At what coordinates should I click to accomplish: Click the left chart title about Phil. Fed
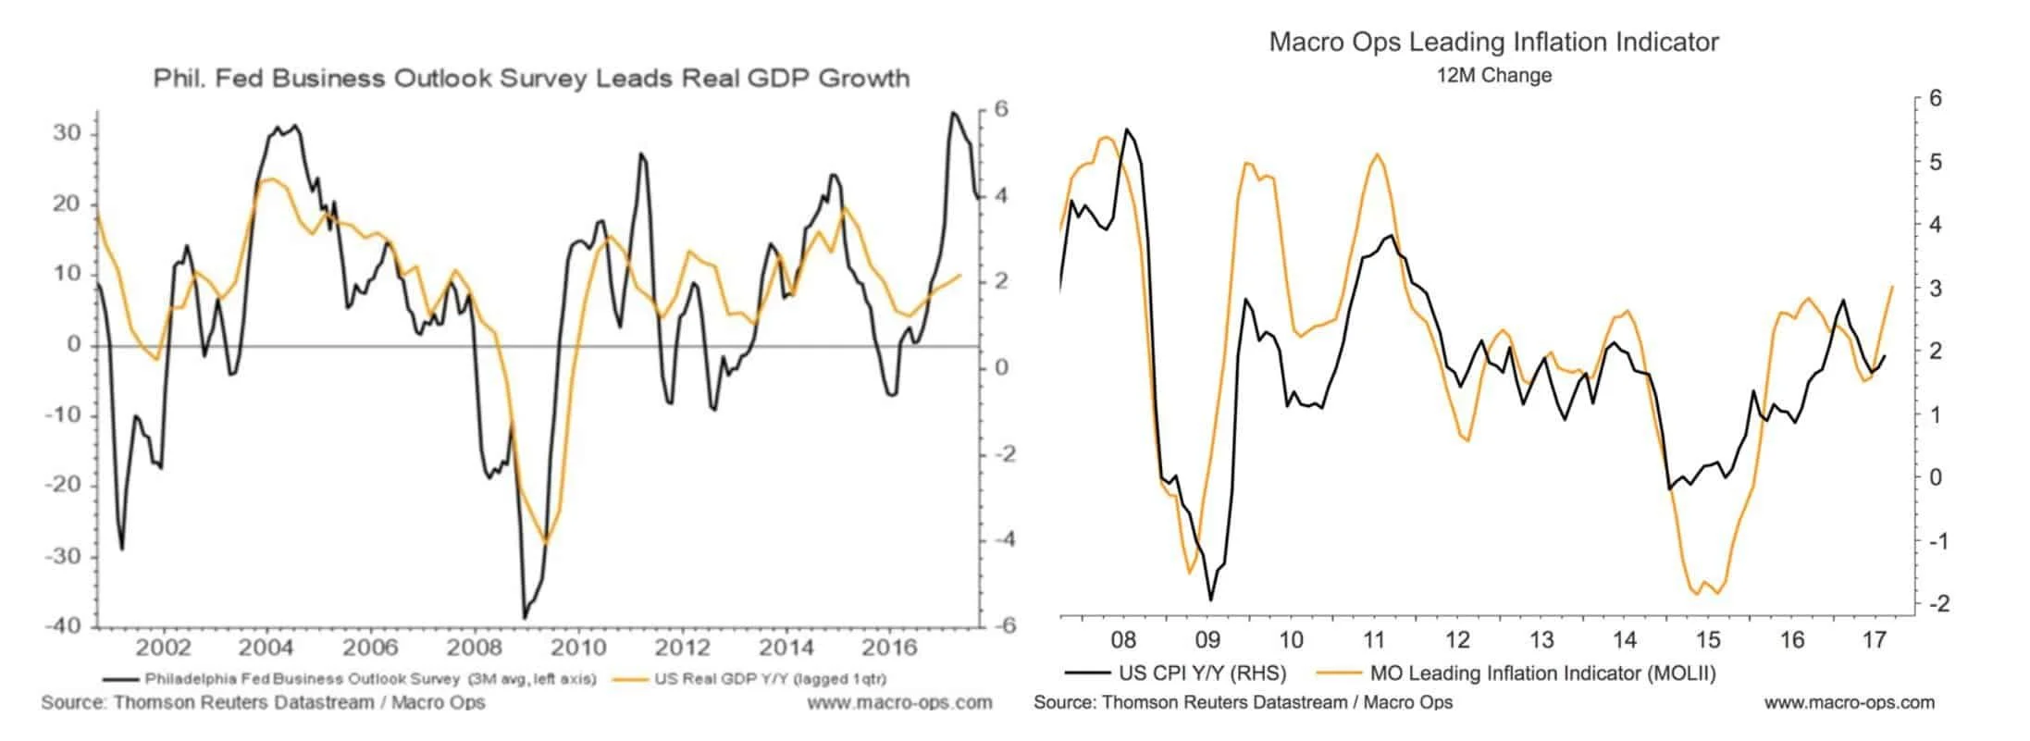click(531, 78)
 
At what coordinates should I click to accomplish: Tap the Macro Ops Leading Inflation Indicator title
click(1493, 42)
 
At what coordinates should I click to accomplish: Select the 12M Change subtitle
click(1493, 76)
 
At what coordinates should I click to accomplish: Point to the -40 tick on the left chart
click(62, 625)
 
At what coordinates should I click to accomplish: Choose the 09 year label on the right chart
click(1207, 639)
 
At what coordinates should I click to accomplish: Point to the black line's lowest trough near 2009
click(525, 617)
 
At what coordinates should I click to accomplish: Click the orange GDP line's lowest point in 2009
click(545, 542)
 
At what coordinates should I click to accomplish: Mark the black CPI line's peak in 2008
click(1127, 130)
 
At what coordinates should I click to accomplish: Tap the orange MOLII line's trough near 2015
click(1697, 593)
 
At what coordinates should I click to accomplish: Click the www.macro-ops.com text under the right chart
click(1849, 702)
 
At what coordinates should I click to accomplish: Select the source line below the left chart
click(263, 702)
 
